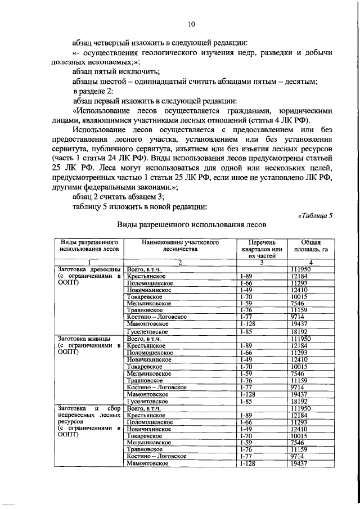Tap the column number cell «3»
click(x=262, y=263)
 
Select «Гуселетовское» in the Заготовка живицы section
click(x=148, y=402)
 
